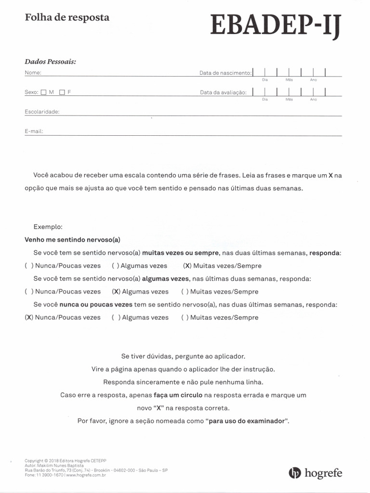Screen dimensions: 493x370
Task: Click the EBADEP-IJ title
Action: pos(276,26)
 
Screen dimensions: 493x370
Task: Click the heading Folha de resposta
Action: pos(67,17)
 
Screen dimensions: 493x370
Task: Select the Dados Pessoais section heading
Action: pos(51,62)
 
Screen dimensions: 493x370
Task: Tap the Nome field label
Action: pos(33,73)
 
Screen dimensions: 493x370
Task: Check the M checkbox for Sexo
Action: pos(44,92)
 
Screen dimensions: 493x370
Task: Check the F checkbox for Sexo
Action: pos(62,92)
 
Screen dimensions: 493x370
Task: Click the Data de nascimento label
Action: pos(225,73)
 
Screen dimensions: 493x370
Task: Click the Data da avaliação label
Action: pos(223,92)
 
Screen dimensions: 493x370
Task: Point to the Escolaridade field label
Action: pos(42,112)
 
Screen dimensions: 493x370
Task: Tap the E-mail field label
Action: pos(34,131)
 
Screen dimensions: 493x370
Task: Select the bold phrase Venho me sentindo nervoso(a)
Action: pos(72,239)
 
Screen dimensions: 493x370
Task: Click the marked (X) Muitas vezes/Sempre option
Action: pos(222,266)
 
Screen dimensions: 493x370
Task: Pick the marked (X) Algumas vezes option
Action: pos(140,292)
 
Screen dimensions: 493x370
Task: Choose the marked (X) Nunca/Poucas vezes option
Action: pos(63,318)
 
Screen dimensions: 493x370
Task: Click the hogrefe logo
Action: pos(315,473)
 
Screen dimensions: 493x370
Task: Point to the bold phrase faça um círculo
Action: pos(178,395)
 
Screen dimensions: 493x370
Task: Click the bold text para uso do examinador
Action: pos(247,421)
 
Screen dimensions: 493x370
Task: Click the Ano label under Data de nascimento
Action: pos(313,80)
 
